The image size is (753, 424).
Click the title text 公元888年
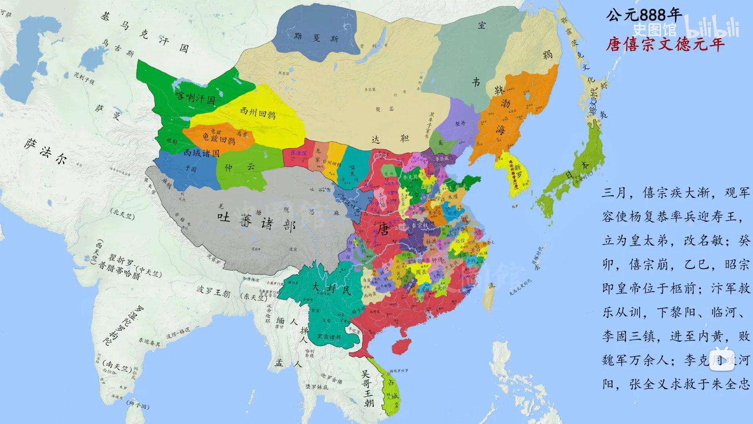tap(644, 15)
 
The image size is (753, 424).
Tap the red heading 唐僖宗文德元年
tap(665, 44)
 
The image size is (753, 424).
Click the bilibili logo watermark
tap(711, 27)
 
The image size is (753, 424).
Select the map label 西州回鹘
tap(257, 113)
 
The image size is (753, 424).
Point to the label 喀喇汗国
tap(195, 98)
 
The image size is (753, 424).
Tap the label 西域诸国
tap(201, 153)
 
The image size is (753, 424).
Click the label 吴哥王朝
tap(367, 389)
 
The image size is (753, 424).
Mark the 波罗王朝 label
tap(213, 292)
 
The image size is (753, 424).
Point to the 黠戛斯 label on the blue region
tap(316, 38)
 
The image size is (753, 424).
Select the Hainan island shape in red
tap(401, 346)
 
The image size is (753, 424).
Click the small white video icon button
tap(721, 360)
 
